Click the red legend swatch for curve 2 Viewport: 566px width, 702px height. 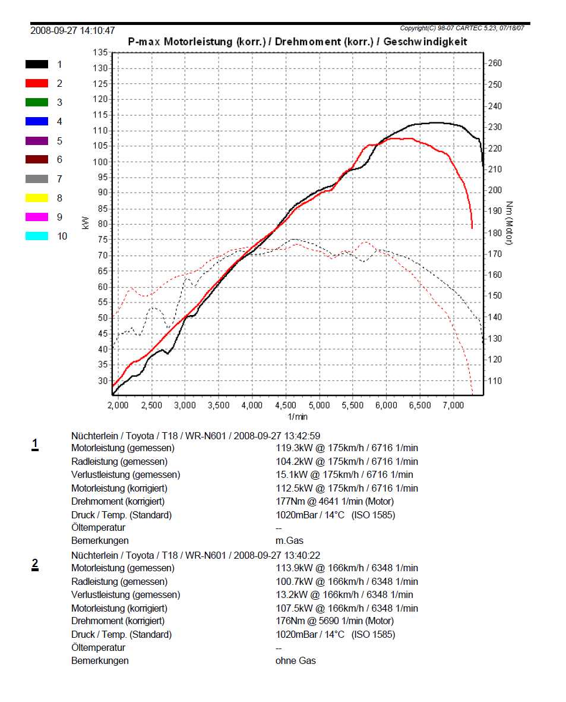[x=37, y=83]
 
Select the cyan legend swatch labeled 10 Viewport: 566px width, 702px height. [x=37, y=236]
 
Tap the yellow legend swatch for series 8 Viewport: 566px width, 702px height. [x=37, y=198]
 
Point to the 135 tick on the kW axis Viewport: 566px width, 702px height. [x=100, y=53]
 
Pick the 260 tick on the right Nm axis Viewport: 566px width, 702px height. [x=495, y=63]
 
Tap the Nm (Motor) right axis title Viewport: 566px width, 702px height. [x=510, y=223]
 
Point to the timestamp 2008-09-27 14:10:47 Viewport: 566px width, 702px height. [x=72, y=30]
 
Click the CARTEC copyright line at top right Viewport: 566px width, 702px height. [x=465, y=28]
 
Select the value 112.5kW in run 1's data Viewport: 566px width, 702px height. [x=295, y=488]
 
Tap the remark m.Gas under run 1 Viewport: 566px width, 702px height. [x=289, y=541]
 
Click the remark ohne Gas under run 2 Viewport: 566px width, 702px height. [x=295, y=660]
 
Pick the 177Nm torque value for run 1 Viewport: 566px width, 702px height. [x=289, y=502]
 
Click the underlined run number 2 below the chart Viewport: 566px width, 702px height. [x=35, y=564]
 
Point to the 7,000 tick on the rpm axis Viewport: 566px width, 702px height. [x=453, y=405]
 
